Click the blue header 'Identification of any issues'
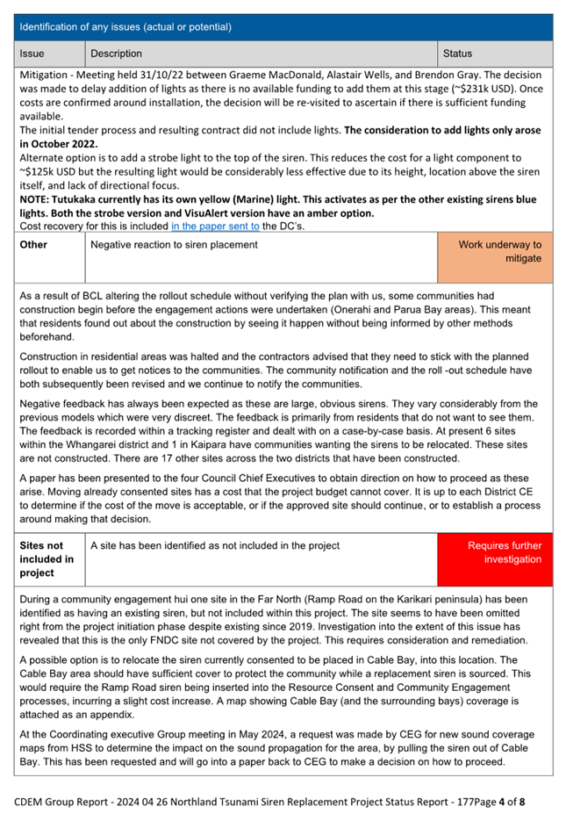coord(125,27)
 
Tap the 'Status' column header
coord(457,54)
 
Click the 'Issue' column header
coord(32,54)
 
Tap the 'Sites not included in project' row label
coord(42,559)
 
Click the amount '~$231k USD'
coord(487,89)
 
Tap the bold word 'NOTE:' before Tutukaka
coord(37,199)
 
